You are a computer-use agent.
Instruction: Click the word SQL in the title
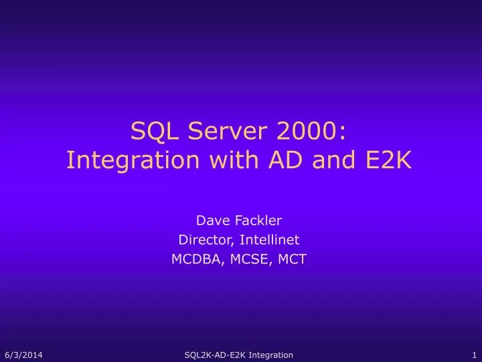(151, 131)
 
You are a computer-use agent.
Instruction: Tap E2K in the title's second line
(392, 161)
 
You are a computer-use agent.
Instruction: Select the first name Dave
(209, 219)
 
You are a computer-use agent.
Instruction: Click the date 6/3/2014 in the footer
(23, 355)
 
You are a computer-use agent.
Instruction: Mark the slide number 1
(473, 355)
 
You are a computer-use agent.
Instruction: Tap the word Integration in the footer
(270, 355)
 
